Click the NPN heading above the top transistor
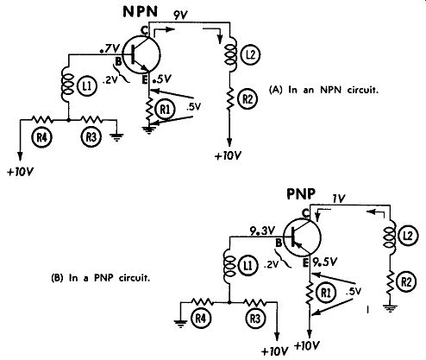(x=141, y=11)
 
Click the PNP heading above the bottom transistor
(x=301, y=193)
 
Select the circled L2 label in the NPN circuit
(x=251, y=54)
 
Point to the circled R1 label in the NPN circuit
(x=165, y=110)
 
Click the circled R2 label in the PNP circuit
(x=406, y=282)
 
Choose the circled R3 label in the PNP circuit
(x=255, y=319)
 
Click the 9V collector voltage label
(x=180, y=15)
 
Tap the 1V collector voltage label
(x=339, y=199)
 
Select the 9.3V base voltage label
(x=263, y=231)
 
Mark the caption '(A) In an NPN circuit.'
(x=323, y=90)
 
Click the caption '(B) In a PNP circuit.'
(x=101, y=278)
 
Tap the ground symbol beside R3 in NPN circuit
(x=116, y=137)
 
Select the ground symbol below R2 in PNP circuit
(x=390, y=309)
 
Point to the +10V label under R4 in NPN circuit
(x=20, y=172)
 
